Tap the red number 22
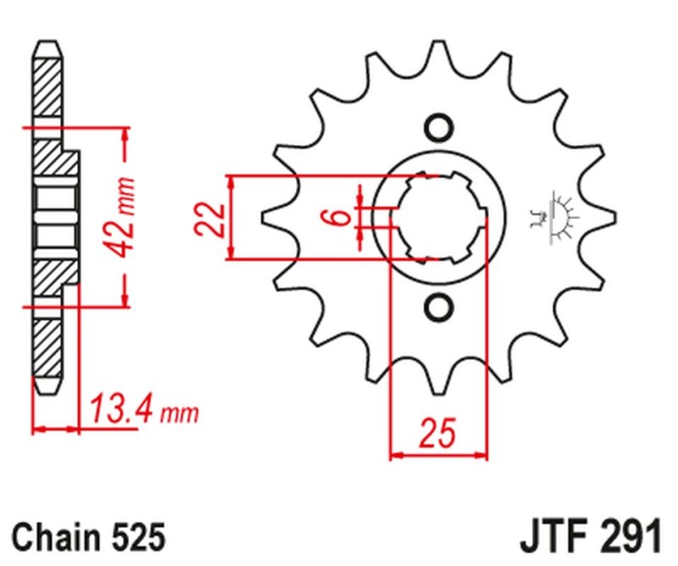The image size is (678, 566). pos(211,218)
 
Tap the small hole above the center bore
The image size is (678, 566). pos(438,128)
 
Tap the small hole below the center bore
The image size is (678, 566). pos(438,306)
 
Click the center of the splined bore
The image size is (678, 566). pos(438,217)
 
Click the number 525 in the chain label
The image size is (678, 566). pos(132,537)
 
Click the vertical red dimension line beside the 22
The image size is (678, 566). pos(231,218)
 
